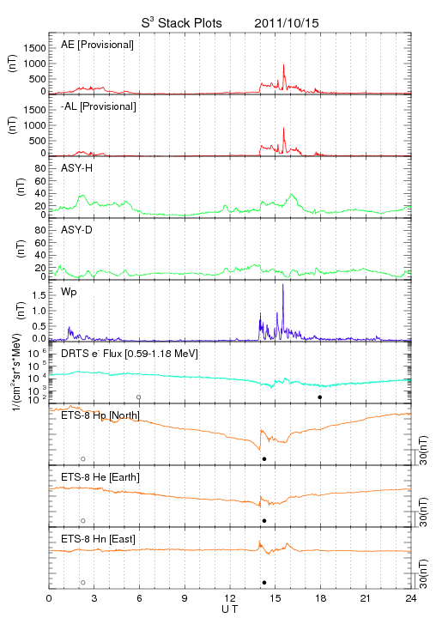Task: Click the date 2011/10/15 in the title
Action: point(287,23)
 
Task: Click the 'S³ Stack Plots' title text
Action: point(182,23)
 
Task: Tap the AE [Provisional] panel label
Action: point(97,45)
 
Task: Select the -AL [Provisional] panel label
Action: point(99,106)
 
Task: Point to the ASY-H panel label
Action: point(77,168)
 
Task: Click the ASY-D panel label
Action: point(77,230)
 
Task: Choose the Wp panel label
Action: point(69,293)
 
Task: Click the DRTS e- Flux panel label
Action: point(130,354)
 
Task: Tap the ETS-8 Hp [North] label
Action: point(100,415)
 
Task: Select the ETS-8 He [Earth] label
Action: point(100,477)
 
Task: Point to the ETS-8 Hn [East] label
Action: point(98,539)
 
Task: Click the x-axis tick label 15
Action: point(275,598)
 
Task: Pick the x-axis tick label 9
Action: point(185,598)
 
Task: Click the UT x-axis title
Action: point(230,609)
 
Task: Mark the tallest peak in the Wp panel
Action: point(283,285)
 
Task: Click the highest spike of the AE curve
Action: point(283,65)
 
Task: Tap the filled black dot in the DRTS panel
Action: point(320,397)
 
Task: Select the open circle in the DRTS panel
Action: point(139,397)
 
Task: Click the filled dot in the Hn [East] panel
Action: point(264,583)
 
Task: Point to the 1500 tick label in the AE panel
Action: point(34,48)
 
